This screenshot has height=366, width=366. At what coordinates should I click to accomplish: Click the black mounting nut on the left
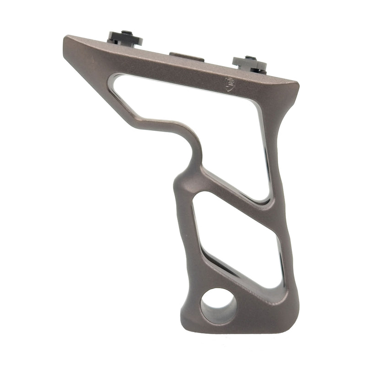124,38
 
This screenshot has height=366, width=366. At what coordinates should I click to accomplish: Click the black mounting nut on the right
250,64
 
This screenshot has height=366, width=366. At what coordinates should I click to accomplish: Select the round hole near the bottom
219,306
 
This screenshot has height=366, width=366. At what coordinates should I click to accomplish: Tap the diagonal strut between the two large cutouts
229,188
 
